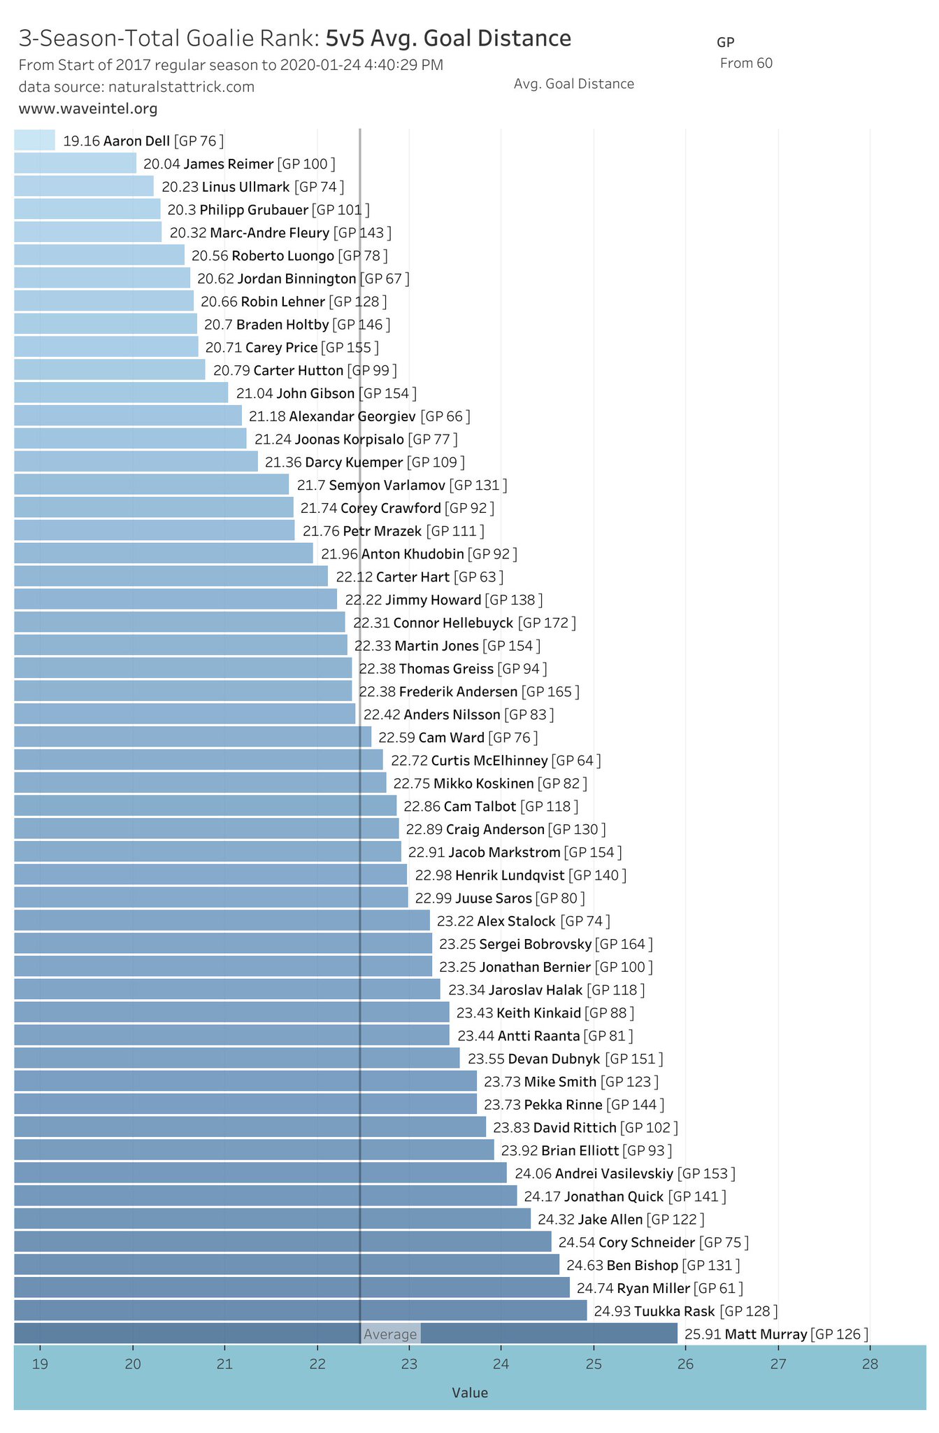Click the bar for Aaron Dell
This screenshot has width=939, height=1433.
[34, 141]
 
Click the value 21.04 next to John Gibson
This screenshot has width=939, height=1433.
[255, 393]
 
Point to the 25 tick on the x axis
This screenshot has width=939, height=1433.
[594, 1364]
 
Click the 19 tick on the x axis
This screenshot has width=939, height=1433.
[40, 1364]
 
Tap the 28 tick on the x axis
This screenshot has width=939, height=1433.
[870, 1364]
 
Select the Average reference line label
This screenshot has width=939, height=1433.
[390, 1334]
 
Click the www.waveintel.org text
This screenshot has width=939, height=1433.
[88, 108]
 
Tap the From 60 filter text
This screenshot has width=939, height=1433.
[746, 63]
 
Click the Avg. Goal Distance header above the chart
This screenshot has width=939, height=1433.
[573, 84]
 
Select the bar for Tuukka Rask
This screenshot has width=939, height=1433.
[301, 1311]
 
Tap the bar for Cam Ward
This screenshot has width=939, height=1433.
[192, 737]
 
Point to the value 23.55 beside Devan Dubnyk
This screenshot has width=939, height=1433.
[486, 1059]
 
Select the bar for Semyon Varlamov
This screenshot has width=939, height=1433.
[151, 485]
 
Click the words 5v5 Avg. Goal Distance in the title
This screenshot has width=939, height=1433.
[448, 38]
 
